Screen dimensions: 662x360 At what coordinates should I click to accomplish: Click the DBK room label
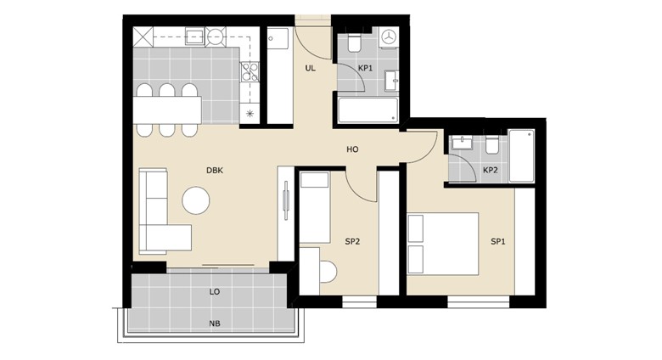pos(215,171)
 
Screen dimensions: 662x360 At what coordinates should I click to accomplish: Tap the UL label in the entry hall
pos(311,68)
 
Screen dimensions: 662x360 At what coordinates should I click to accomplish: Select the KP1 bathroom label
pos(365,68)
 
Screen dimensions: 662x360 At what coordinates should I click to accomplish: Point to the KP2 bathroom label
pos(491,171)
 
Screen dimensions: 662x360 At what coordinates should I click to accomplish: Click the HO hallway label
pos(352,149)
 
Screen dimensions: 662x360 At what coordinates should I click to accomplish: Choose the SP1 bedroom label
pos(498,242)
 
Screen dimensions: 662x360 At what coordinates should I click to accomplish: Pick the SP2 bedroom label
pos(352,242)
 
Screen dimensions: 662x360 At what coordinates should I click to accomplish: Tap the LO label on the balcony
pos(215,291)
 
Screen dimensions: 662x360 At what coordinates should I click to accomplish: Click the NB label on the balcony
pos(215,323)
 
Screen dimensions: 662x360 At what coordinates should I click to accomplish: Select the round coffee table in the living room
pos(196,200)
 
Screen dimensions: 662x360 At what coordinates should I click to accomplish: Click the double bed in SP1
pos(443,244)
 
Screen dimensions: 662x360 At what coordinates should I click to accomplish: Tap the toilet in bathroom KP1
pos(354,43)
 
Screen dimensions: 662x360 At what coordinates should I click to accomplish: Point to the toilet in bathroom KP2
pos(491,145)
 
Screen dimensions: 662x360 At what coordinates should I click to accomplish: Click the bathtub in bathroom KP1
pos(367,110)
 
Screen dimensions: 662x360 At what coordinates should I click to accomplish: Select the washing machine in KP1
pos(389,36)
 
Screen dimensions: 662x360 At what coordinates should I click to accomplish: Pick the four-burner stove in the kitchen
pos(250,72)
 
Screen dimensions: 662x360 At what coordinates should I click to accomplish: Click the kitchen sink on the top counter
pos(195,37)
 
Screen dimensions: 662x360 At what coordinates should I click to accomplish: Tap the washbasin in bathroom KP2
pos(463,143)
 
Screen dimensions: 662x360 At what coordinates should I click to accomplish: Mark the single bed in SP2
pos(315,208)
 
